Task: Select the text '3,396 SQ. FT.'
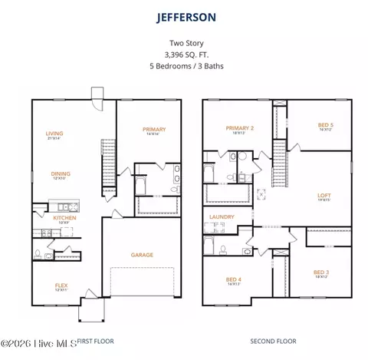point(184,54)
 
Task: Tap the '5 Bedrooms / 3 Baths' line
point(184,65)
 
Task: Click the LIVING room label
point(54,134)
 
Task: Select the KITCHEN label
point(64,218)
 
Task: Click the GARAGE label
point(142,255)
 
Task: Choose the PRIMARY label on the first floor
point(154,130)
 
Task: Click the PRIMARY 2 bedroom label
point(239,128)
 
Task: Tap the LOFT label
point(324,195)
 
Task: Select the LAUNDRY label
point(221,217)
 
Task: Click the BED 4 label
point(235,279)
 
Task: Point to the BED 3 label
point(320,272)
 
